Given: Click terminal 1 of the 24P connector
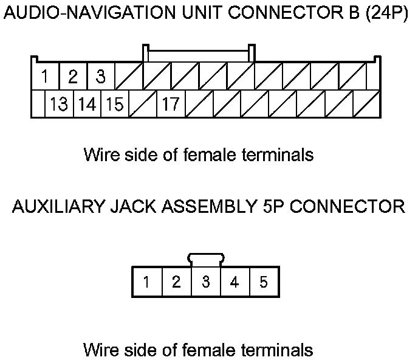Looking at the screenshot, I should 46,77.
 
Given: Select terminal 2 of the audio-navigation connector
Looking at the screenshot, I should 74,77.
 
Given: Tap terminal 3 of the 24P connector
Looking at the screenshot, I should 101,77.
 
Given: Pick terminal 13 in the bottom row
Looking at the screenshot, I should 60,105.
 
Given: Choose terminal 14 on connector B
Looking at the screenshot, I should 87,105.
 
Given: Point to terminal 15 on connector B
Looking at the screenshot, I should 114,105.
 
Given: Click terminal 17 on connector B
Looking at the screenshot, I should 170,105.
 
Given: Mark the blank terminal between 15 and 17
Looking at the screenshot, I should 142,105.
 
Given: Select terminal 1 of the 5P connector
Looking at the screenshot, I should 146,282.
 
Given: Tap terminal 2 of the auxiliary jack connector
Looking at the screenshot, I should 176,282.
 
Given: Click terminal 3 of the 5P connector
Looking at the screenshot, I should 206,282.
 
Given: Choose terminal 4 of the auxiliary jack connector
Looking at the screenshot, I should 235,282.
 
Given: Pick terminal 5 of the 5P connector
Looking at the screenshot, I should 264,282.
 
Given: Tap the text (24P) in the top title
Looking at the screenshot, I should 386,15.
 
